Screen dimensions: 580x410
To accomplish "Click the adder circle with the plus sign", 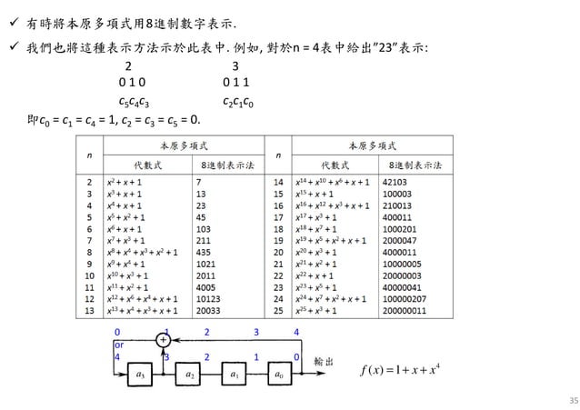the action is click(165, 340).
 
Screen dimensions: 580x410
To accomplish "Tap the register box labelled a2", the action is click(188, 372).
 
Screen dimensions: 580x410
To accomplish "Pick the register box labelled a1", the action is click(235, 372).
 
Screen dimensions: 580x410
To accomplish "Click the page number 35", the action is click(558, 397).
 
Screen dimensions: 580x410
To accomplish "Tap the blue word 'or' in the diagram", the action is click(118, 345).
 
